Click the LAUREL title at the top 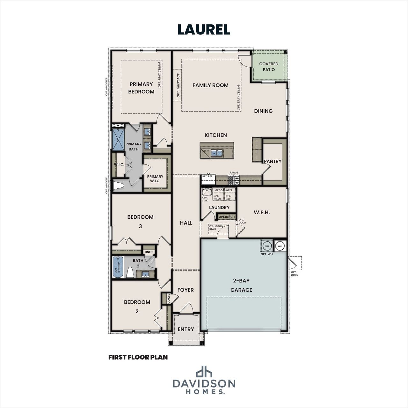[204, 29]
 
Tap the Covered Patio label [268, 67]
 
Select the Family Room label [210, 85]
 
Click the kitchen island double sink [217, 153]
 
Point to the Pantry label [273, 161]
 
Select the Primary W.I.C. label [155, 178]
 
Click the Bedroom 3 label [140, 221]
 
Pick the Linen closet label [149, 252]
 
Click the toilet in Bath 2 [130, 273]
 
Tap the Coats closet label [164, 299]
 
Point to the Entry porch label [186, 329]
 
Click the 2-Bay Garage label [241, 285]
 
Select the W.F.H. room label [262, 212]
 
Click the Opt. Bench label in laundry [227, 217]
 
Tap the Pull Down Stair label [216, 228]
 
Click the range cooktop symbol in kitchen [233, 180]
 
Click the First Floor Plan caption [138, 357]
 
